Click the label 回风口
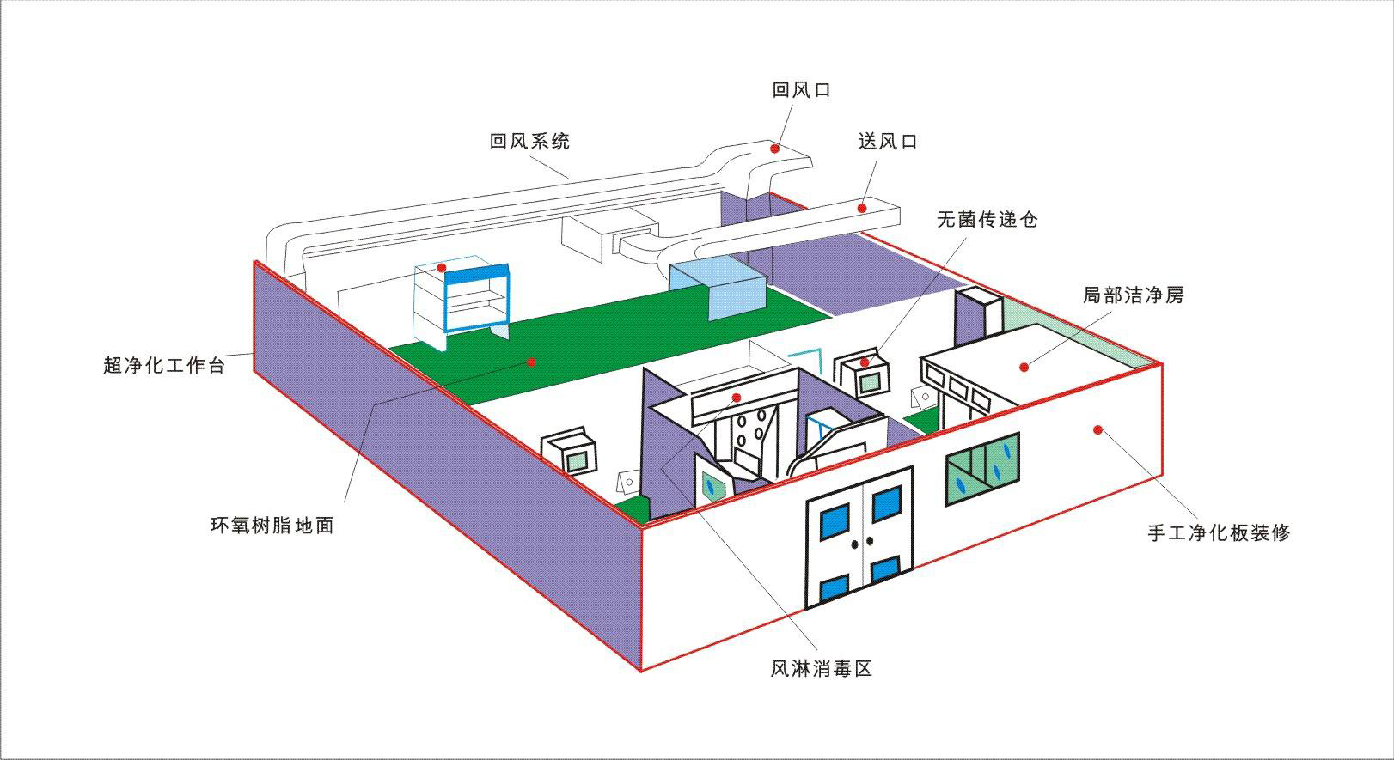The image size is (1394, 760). coord(801,89)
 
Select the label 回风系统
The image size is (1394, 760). coord(529,141)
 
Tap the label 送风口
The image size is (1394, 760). coord(888,141)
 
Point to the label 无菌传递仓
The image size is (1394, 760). coord(987,219)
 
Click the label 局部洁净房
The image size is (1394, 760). coord(1133,295)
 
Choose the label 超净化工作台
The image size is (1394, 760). coord(164,365)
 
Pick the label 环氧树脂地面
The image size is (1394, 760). coord(272,525)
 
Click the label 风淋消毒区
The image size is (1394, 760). coord(821,667)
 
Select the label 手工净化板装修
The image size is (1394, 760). coord(1219,532)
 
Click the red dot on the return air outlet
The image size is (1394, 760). coord(774,149)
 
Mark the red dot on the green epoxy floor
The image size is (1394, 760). coord(532,362)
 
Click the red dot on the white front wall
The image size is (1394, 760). coord(1097,429)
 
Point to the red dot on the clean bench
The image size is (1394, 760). coord(442,268)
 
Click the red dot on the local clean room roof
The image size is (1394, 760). coord(1024,367)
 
